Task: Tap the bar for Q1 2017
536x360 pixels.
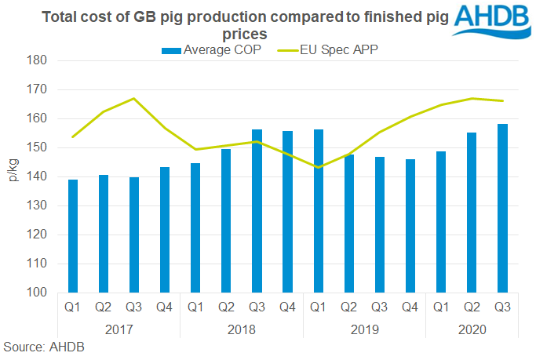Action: point(74,236)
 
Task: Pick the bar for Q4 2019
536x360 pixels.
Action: point(410,226)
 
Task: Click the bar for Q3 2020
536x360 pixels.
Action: point(502,209)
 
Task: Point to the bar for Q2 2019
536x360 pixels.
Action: point(349,224)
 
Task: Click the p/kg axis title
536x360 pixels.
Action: point(13,176)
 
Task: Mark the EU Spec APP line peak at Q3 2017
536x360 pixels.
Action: point(135,99)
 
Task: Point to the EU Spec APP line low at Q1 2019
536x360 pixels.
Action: point(319,167)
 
